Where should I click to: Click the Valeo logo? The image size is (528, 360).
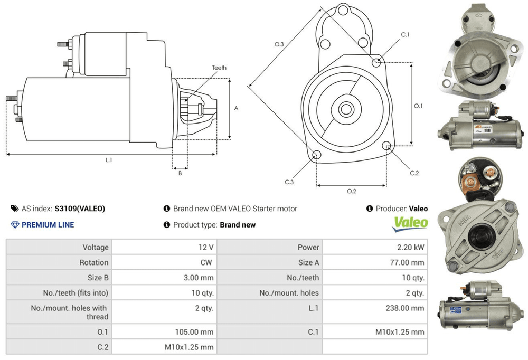[x=410, y=222]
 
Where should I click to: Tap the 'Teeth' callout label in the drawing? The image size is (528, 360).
[x=219, y=68]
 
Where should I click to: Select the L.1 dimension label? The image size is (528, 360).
[x=109, y=160]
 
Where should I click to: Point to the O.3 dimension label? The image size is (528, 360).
[x=279, y=44]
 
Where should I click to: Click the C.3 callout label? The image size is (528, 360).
[x=289, y=182]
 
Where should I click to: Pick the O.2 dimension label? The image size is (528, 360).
[x=351, y=191]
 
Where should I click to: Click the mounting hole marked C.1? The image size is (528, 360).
[x=376, y=63]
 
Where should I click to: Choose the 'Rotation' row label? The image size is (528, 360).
[x=94, y=262]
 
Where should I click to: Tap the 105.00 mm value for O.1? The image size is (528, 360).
[x=195, y=332]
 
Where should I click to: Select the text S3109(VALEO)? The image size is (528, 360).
[x=80, y=209]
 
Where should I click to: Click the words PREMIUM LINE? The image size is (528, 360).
[x=48, y=225]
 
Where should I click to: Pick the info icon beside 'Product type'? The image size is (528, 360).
[x=167, y=225]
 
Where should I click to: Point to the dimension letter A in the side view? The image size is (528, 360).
[x=236, y=109]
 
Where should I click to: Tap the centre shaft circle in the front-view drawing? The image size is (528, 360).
[x=346, y=110]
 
